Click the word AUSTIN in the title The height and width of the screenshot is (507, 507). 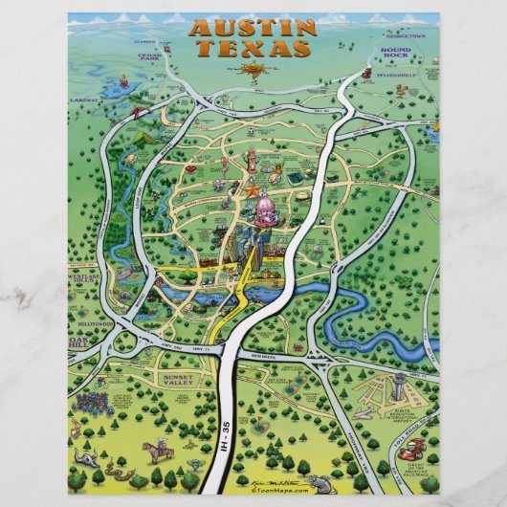click(x=253, y=28)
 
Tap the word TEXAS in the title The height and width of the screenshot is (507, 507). click(x=253, y=48)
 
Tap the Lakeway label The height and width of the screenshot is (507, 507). click(x=84, y=99)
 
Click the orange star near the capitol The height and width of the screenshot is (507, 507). click(x=253, y=190)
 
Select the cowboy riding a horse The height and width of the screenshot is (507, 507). click(x=156, y=450)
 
